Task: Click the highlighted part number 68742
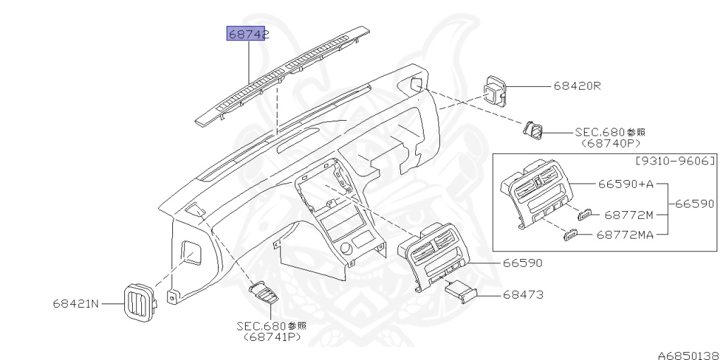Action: coord(246,34)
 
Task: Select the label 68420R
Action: coord(577,86)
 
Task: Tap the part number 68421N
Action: coord(76,304)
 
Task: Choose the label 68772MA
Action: coord(625,234)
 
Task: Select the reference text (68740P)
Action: coord(611,142)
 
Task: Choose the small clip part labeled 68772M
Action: coord(585,214)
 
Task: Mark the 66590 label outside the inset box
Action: coord(522,263)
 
